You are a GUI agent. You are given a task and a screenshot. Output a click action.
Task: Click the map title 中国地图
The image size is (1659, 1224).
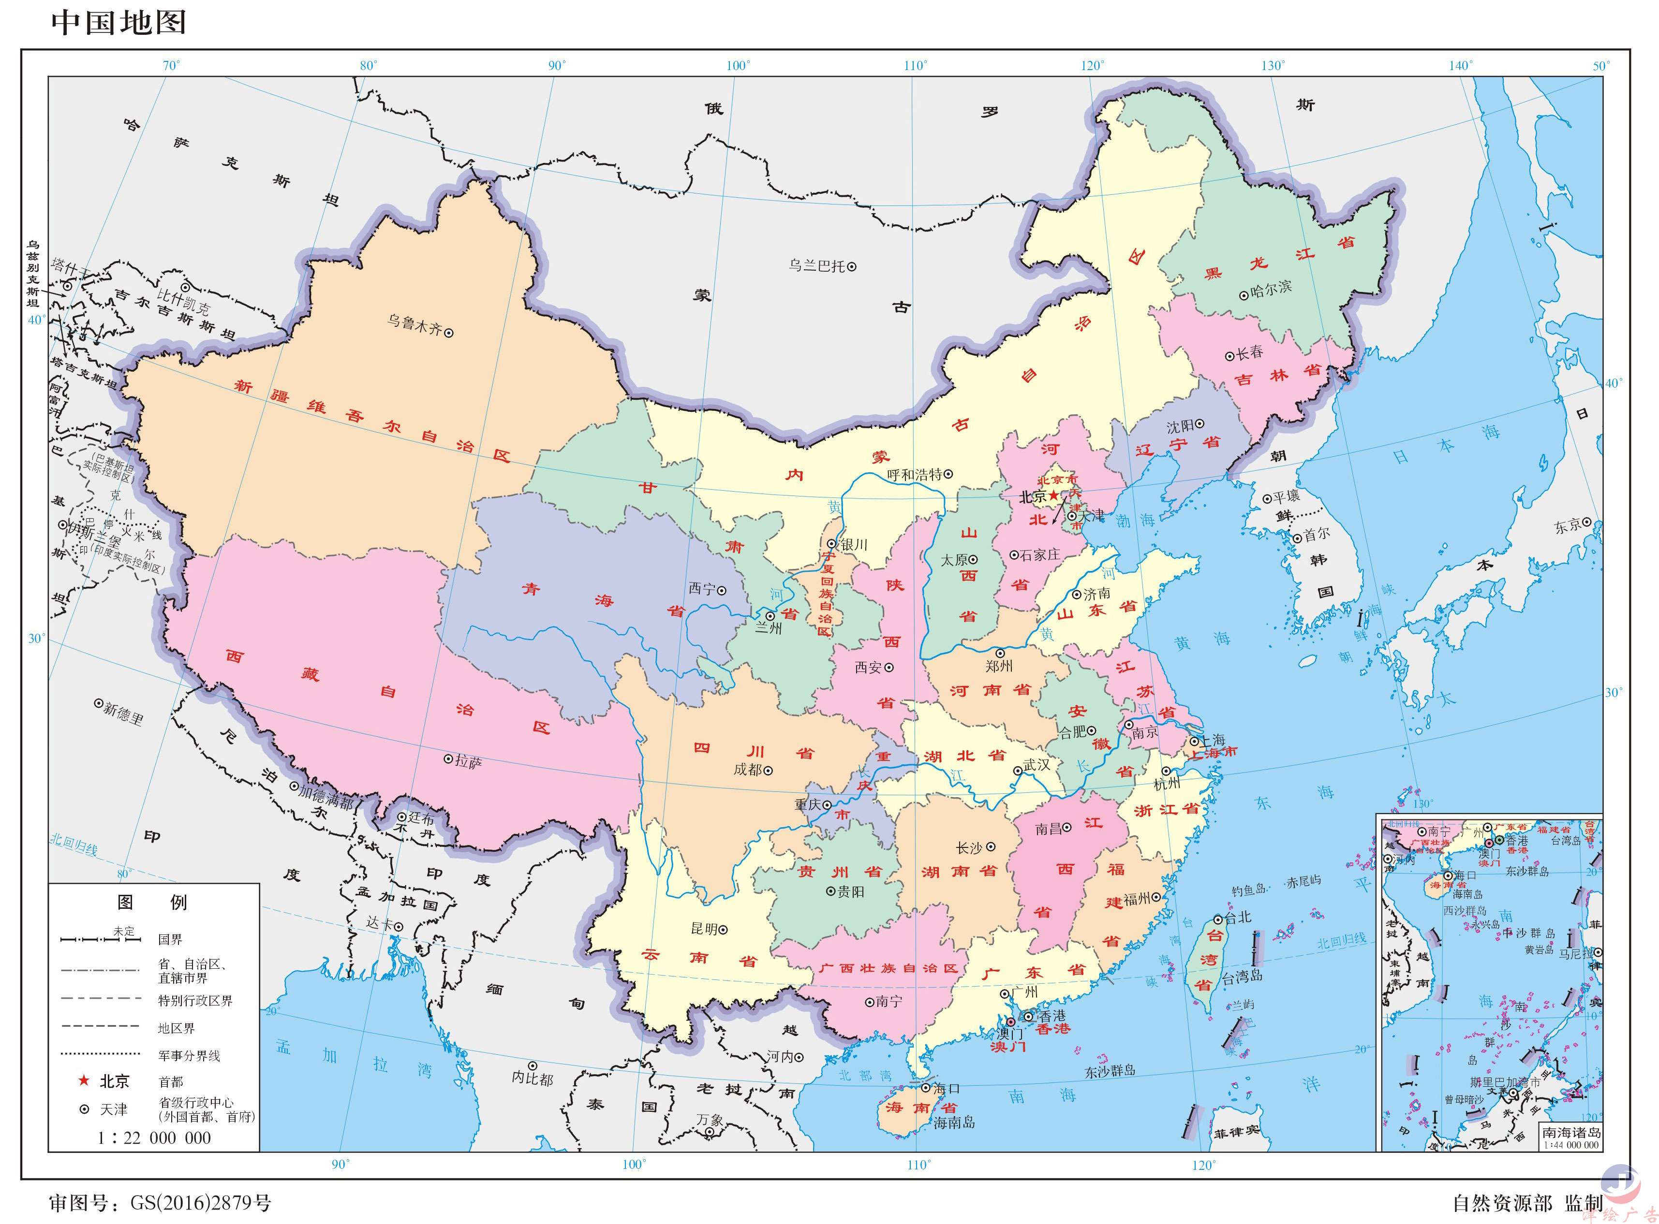click(118, 22)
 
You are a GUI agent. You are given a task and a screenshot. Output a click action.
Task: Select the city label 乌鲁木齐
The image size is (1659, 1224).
click(414, 324)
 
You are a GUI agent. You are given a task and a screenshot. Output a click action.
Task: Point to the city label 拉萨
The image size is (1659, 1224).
click(468, 761)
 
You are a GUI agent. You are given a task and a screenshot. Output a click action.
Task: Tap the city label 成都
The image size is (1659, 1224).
click(747, 770)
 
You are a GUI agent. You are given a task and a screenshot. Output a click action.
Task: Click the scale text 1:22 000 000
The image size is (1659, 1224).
click(154, 1137)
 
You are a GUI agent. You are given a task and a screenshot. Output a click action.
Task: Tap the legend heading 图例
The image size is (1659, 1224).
click(152, 902)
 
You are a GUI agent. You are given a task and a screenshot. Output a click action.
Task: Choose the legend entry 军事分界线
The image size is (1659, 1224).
click(189, 1055)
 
